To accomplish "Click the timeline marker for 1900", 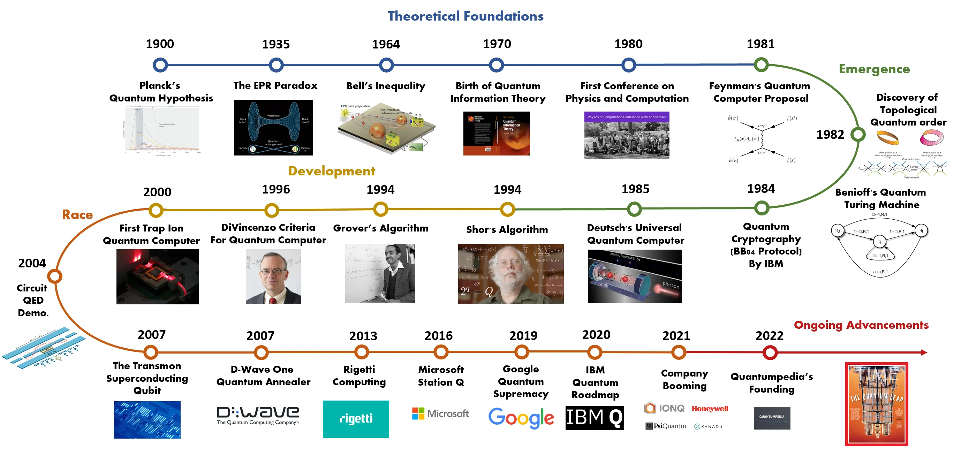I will pyautogui.click(x=160, y=65).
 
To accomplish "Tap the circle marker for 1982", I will pyautogui.click(x=858, y=134).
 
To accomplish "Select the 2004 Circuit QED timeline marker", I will pyautogui.click(x=55, y=276).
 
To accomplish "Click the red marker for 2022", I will pyautogui.click(x=770, y=352).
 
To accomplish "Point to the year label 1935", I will pyautogui.click(x=275, y=44).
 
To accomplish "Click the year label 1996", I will pyautogui.click(x=275, y=190).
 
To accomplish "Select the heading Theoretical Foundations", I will pyautogui.click(x=465, y=16).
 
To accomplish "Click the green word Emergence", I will pyautogui.click(x=874, y=69).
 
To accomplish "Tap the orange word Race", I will pyautogui.click(x=77, y=215).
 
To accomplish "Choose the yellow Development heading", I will pyautogui.click(x=332, y=171).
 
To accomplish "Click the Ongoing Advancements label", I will pyautogui.click(x=861, y=325).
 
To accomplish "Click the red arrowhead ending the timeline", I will pyautogui.click(x=924, y=352).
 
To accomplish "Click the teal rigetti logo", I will pyautogui.click(x=356, y=419).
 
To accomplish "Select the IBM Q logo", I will pyautogui.click(x=595, y=418).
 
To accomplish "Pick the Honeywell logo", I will pyautogui.click(x=710, y=409).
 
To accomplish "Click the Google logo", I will pyautogui.click(x=521, y=418).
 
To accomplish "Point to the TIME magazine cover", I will pyautogui.click(x=876, y=404).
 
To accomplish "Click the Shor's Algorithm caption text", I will pyautogui.click(x=507, y=230).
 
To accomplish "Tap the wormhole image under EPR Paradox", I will pyautogui.click(x=274, y=127).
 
